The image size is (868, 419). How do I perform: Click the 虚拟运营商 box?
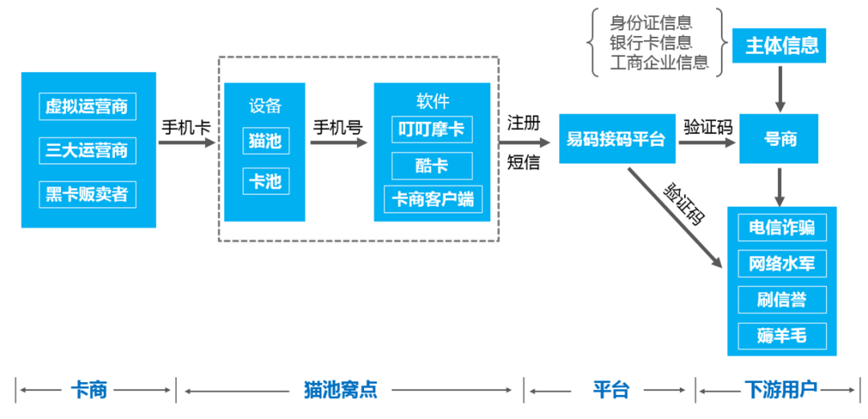88,105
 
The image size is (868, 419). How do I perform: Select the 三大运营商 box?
88,149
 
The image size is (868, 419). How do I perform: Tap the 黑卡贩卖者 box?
88,193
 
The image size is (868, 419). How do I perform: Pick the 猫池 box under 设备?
264,140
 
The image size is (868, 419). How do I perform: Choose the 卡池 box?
264,181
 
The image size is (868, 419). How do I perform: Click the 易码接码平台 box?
616,139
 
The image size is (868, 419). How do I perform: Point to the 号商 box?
780,139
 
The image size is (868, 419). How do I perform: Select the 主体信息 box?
780,45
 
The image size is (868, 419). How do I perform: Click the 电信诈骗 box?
781,227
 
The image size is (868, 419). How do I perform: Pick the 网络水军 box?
781,262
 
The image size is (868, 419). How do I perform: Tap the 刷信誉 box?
781,299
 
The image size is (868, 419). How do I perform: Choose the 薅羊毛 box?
781,336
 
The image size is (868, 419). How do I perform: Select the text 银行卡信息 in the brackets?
650,42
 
